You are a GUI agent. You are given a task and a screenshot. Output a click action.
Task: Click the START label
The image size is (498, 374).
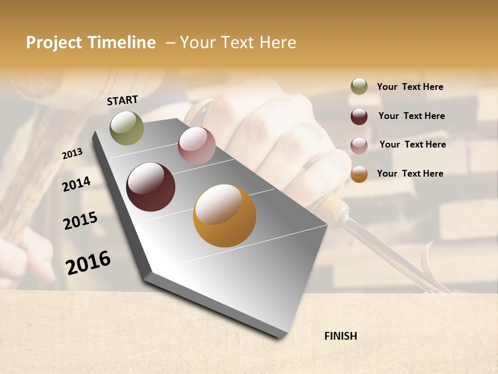pos(122,100)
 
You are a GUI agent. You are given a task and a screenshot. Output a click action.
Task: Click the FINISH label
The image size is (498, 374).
pos(340,336)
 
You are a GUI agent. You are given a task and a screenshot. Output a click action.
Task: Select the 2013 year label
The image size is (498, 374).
pos(73,154)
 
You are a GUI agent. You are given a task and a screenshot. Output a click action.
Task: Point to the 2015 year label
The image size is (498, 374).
pos(80,221)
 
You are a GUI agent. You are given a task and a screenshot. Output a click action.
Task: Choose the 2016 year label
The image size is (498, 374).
pos(88,262)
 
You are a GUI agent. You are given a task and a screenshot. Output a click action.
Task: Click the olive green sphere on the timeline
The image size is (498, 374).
pos(127,128)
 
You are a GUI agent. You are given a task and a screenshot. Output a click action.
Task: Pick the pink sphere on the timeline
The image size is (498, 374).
pos(197,145)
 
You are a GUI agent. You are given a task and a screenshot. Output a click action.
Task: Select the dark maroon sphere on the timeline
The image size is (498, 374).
pos(150,187)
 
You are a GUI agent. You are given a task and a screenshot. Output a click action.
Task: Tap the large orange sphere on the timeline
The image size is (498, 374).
pos(225,216)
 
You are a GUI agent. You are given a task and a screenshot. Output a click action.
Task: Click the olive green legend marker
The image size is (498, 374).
pos(359,87)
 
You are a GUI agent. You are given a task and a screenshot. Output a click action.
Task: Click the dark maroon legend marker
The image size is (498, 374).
pos(359,116)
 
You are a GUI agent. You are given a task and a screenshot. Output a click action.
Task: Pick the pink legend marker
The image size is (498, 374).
pos(359,145)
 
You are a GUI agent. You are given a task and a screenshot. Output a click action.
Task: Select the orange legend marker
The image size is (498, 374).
pos(359,174)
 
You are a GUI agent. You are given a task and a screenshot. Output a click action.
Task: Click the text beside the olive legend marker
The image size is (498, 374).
pos(410,87)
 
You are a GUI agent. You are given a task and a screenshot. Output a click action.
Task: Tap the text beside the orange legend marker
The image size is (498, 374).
pos(410,173)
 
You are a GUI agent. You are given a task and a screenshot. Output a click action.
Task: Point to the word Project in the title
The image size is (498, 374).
pos(54,43)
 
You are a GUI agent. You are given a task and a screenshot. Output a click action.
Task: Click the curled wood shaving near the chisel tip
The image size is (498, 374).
pos(430,265)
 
